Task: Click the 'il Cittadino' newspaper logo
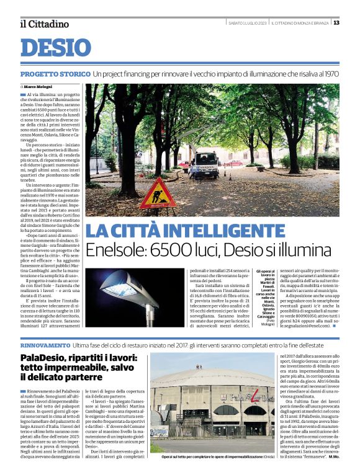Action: pos(44,24)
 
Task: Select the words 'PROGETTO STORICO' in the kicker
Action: pos(55,74)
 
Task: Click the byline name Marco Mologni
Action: pos(38,86)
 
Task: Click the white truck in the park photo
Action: pos(204,162)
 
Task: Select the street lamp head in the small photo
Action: pos(119,289)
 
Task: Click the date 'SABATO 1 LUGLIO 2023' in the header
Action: pos(248,23)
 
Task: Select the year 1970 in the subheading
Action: pos(331,74)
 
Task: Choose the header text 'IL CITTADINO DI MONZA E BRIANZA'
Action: pos(300,23)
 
